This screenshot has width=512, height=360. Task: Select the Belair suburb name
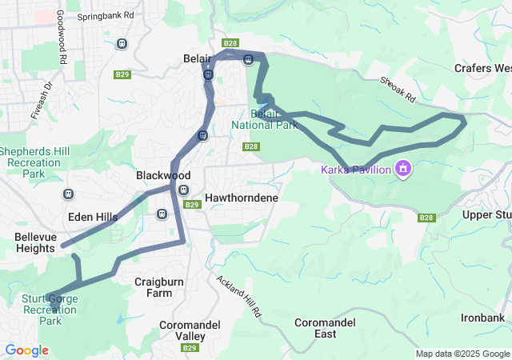(196, 59)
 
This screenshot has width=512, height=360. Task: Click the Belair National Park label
(265, 119)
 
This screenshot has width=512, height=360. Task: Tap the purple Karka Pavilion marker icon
(402, 169)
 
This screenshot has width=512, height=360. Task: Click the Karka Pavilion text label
(355, 170)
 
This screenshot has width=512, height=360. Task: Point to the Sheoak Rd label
(398, 89)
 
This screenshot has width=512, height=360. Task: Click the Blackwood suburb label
(163, 175)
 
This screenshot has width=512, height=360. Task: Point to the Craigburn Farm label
(153, 287)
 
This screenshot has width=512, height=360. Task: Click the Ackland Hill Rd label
(239, 298)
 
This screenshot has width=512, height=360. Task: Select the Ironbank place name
(482, 318)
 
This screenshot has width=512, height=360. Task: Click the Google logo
(27, 350)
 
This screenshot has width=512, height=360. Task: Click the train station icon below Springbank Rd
(122, 43)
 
